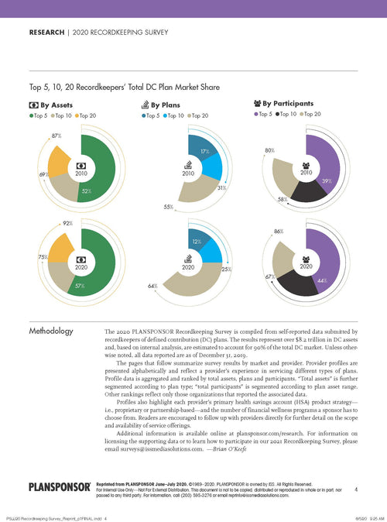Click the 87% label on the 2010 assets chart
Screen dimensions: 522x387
point(57,136)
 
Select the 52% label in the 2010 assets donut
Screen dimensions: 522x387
point(87,191)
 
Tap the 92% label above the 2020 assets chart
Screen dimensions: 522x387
point(57,227)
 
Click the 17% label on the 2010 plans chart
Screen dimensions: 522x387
point(183,151)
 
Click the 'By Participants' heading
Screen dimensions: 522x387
point(287,103)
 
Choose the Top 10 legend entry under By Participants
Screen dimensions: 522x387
point(287,115)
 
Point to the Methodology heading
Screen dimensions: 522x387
point(51,331)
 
